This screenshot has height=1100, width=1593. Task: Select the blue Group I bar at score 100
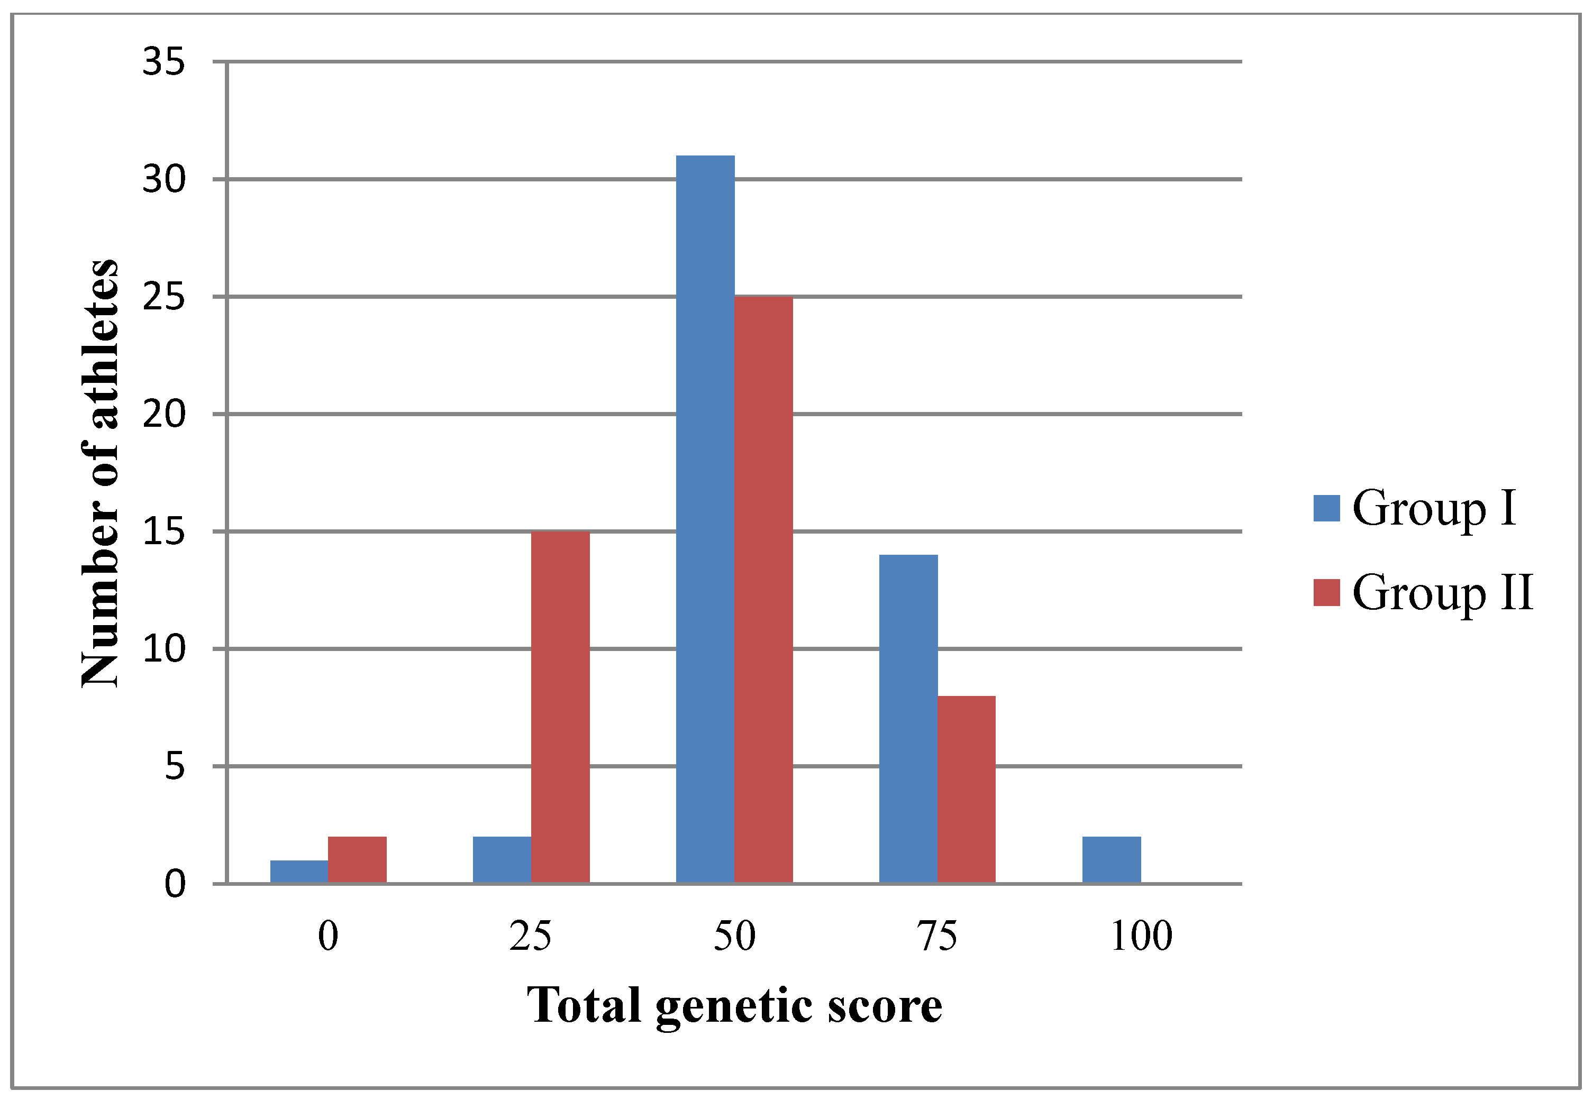pos(1111,859)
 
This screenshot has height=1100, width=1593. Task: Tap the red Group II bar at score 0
pos(357,859)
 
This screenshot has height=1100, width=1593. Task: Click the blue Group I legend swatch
pos(1326,509)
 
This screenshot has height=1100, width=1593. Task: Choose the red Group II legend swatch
pos(1326,593)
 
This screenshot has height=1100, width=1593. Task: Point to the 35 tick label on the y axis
pos(164,62)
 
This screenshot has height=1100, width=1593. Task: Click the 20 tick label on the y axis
pos(164,414)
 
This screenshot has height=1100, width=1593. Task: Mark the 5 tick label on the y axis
pos(175,766)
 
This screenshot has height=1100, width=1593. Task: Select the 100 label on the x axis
pos(1141,937)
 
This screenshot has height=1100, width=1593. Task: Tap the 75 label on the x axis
pos(937,937)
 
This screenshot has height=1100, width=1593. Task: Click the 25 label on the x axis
pos(530,937)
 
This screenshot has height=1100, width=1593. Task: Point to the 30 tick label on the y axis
pos(164,180)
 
